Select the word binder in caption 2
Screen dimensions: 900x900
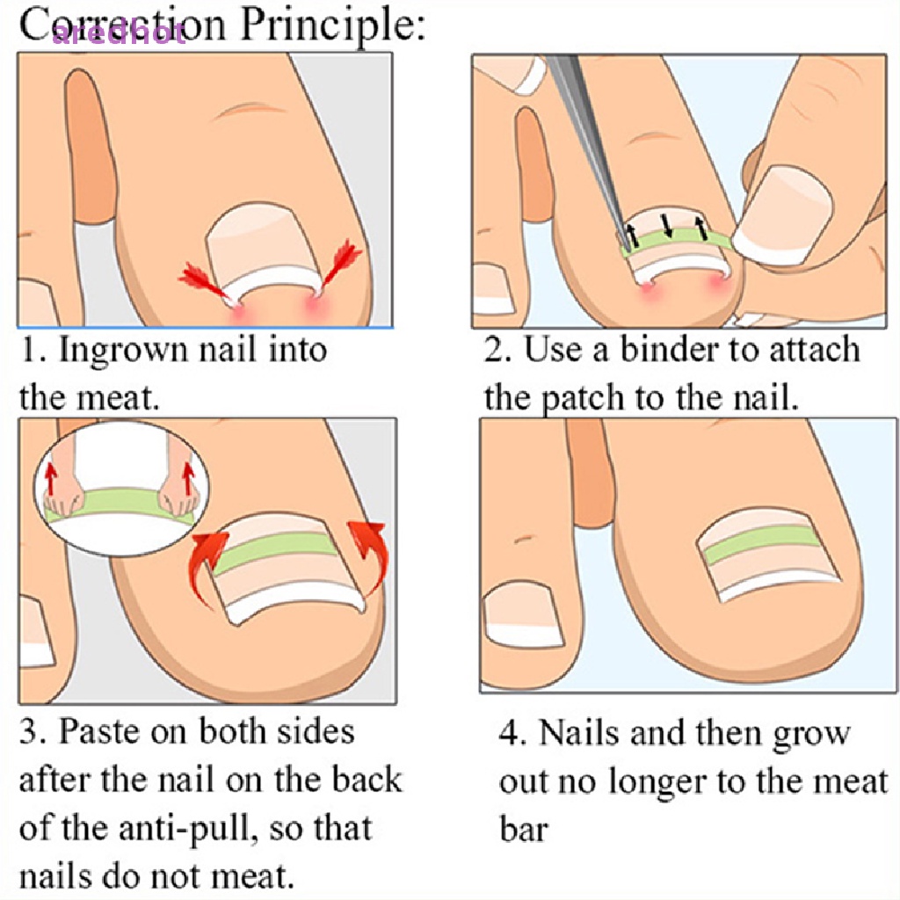click(677, 350)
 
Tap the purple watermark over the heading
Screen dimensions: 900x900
click(119, 33)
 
